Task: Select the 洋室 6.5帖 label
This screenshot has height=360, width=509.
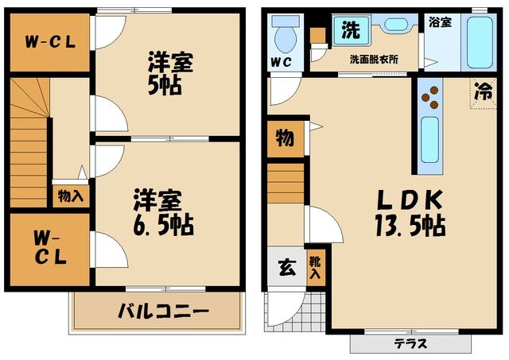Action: click(162, 212)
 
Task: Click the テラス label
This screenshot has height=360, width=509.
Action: click(410, 344)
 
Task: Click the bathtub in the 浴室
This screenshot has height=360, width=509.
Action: click(480, 42)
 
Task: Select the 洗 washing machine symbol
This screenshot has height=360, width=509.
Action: click(350, 30)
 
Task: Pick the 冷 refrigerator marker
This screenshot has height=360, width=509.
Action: click(482, 92)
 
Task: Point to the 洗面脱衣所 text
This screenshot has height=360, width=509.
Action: click(373, 60)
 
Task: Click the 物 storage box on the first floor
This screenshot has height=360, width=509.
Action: click(284, 138)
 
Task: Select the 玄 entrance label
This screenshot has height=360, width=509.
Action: click(285, 268)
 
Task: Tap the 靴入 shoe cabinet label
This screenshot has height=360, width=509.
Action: click(315, 267)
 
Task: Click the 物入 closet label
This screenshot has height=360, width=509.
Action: click(70, 193)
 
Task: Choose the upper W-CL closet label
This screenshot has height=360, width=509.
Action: click(49, 41)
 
